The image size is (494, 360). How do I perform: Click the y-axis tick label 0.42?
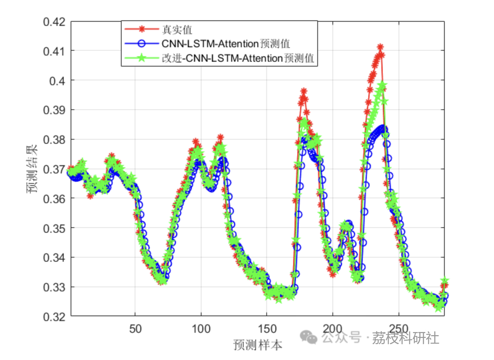click(54, 22)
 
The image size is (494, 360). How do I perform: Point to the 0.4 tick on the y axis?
click(57, 81)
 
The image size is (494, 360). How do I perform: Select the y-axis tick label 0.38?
click(54, 140)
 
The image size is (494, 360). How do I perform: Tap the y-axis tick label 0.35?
click(54, 228)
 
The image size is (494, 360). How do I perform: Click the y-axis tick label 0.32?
click(54, 317)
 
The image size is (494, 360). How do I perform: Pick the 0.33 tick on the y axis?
click(54, 287)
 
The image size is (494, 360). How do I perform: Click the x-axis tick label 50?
click(135, 329)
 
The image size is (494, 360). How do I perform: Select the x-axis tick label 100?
click(201, 329)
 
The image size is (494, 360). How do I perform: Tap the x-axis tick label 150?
click(267, 329)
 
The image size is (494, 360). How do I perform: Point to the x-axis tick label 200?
click(332, 329)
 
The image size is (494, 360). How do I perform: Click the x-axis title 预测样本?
click(258, 345)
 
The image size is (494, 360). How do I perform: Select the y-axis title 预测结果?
click(32, 169)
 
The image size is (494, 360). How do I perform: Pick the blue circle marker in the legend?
click(142, 44)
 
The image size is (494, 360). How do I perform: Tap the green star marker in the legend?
click(142, 58)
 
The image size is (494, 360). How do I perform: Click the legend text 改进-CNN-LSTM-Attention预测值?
click(238, 58)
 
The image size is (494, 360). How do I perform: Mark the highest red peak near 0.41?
click(380, 47)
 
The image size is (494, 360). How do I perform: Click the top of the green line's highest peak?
click(382, 84)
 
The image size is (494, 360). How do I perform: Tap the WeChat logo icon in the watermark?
click(308, 337)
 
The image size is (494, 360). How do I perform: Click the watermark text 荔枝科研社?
click(405, 338)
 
